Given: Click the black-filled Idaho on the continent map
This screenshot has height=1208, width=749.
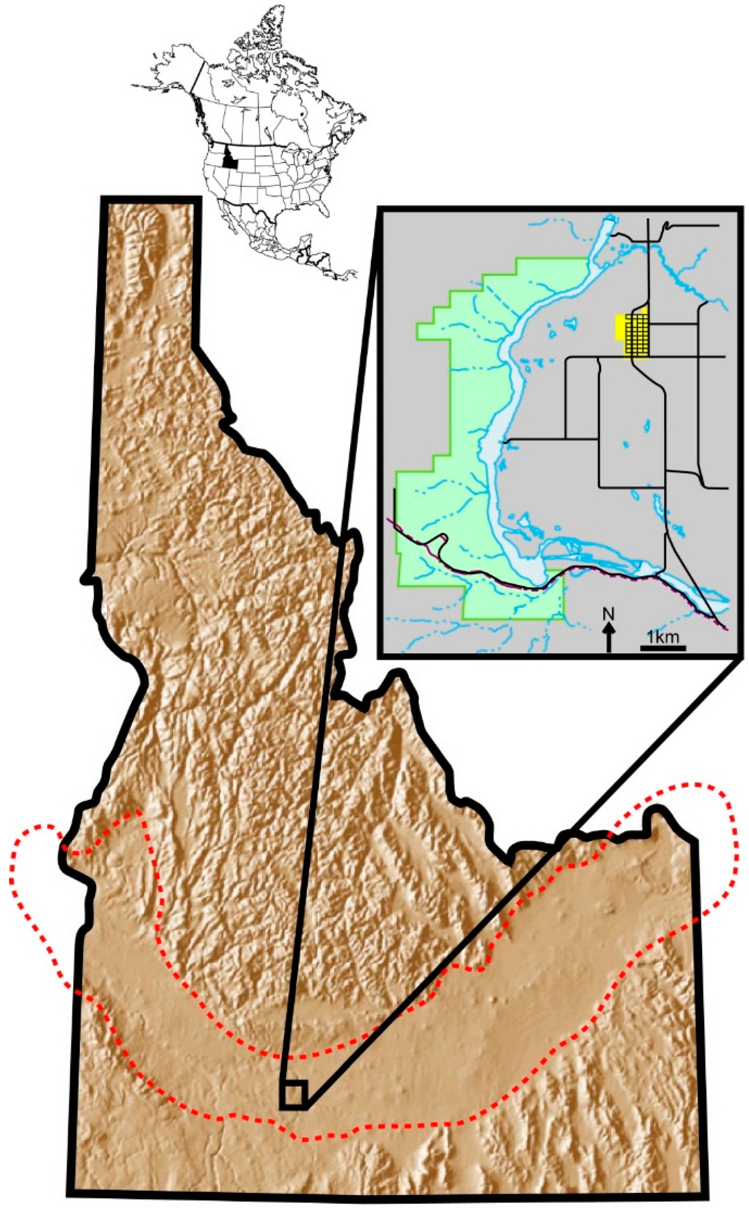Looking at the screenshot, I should [228, 158].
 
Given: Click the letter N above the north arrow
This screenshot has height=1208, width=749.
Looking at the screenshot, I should [608, 614].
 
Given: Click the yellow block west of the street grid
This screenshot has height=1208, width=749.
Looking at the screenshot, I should [619, 327].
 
